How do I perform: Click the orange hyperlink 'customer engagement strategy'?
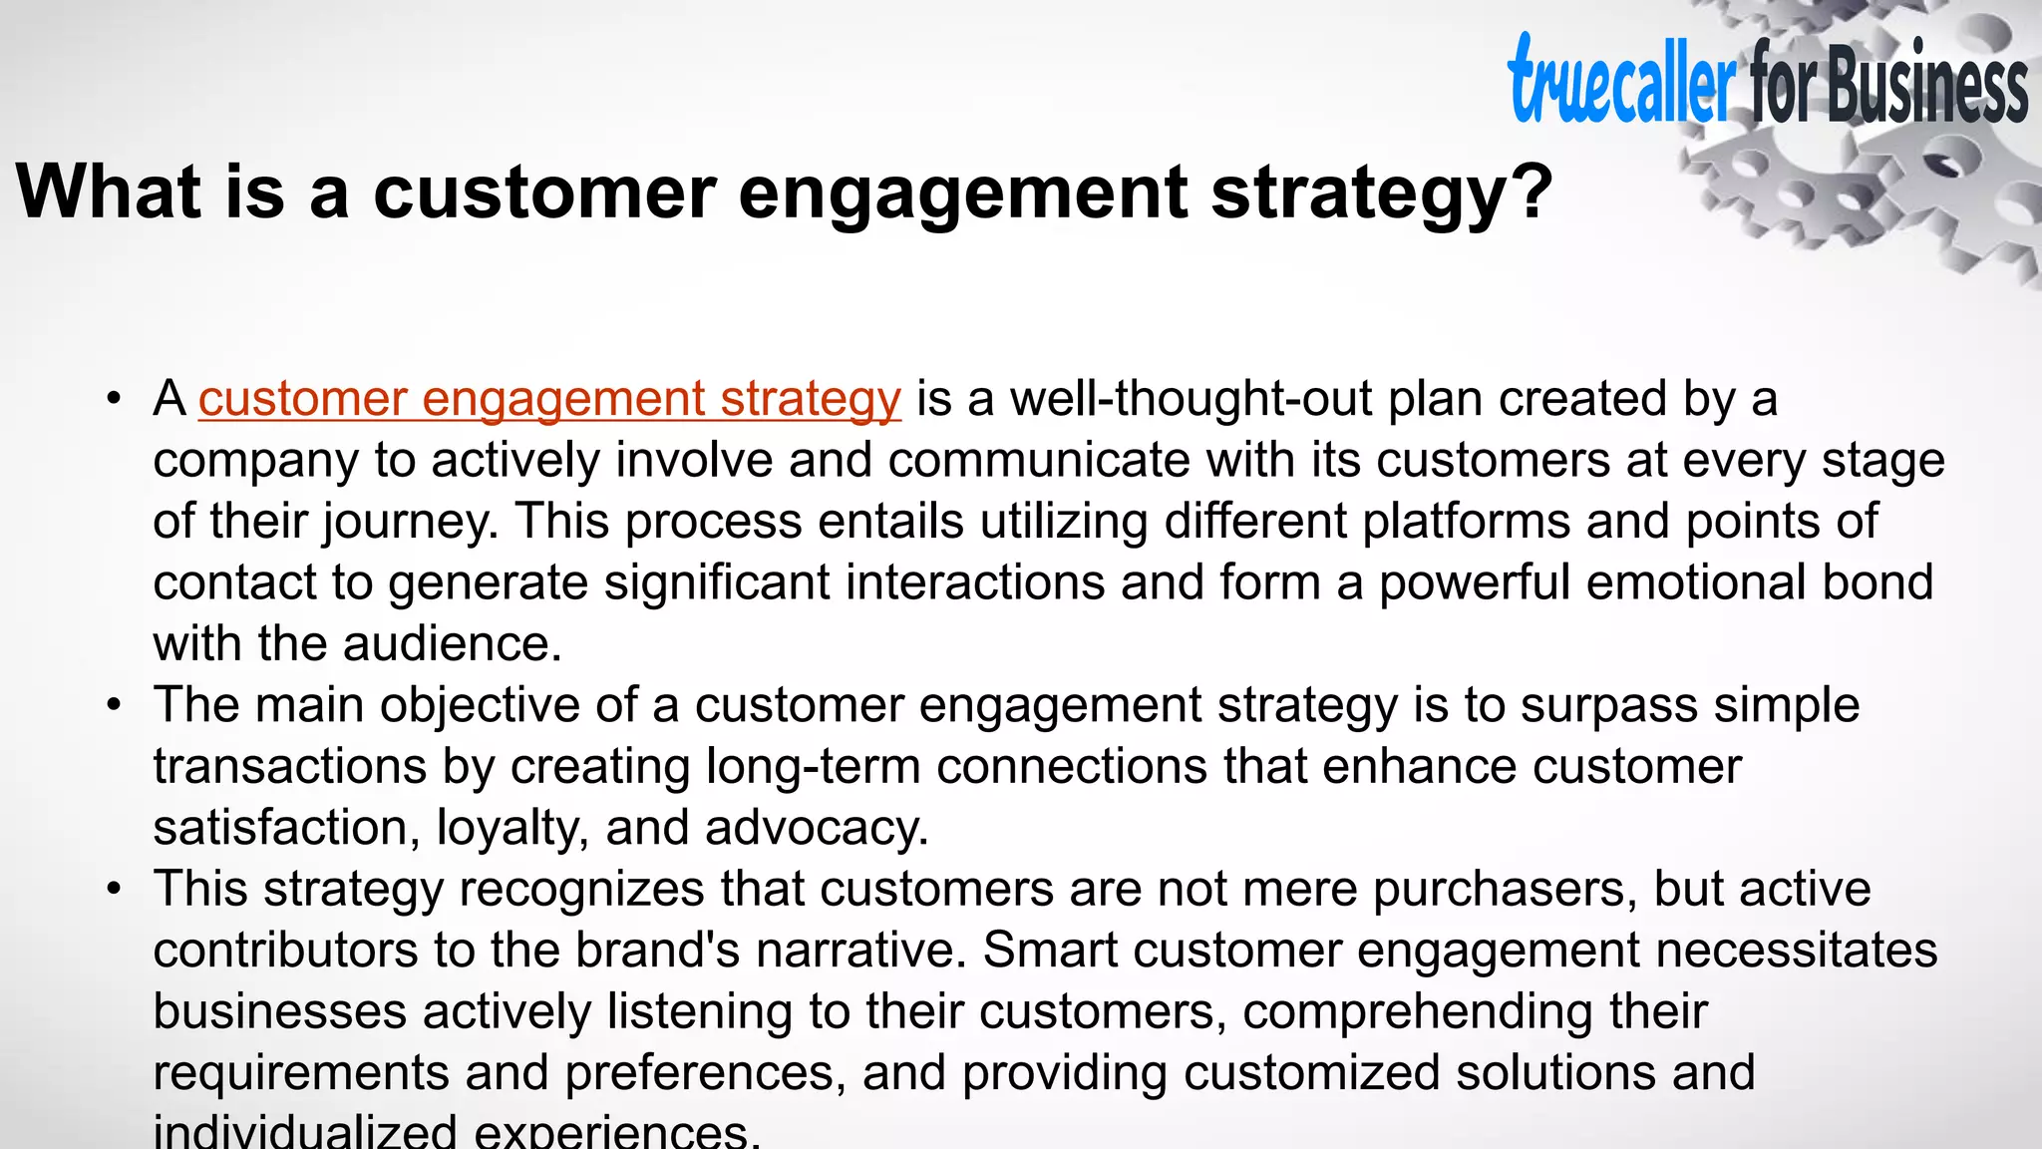click(x=549, y=399)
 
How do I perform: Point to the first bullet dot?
click(x=115, y=400)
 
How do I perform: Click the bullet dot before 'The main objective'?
click(x=115, y=706)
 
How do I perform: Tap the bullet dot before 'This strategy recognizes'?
click(x=115, y=890)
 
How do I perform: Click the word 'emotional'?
click(x=1696, y=583)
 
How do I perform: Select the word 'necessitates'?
click(x=1796, y=951)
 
